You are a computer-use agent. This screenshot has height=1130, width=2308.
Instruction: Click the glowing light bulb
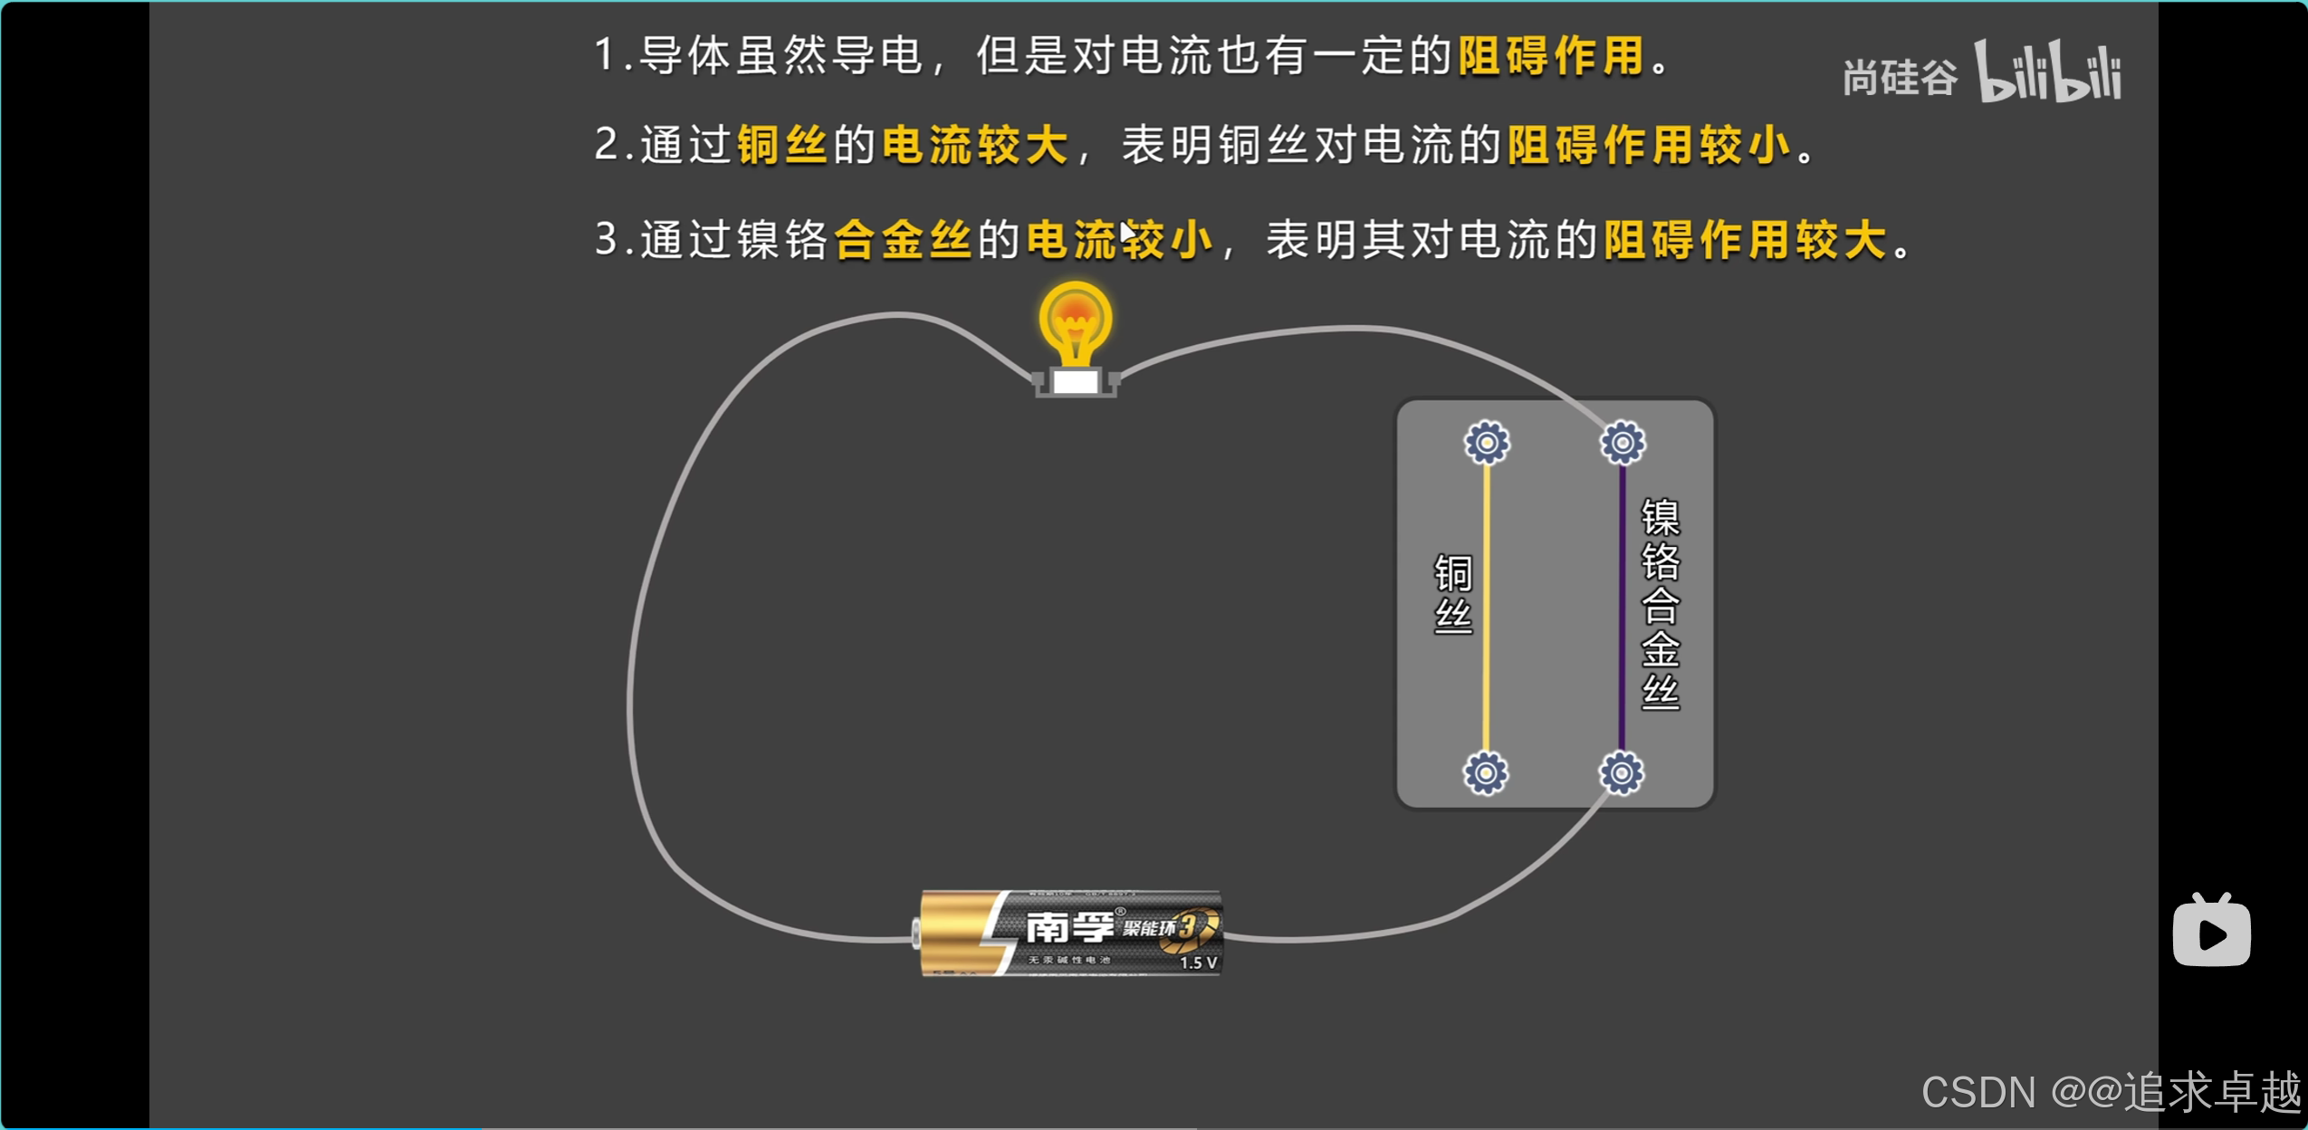[x=1075, y=321]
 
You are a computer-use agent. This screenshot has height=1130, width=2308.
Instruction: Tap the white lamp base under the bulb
[x=1076, y=381]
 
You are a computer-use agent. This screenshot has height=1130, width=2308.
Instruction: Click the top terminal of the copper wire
[x=1487, y=443]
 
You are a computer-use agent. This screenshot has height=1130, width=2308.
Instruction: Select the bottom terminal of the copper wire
[x=1486, y=773]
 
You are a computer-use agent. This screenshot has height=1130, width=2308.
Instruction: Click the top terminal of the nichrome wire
[x=1623, y=443]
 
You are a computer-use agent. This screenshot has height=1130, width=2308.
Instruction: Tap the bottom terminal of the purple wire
[x=1621, y=773]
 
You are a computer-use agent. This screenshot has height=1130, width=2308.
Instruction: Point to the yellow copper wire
[x=1486, y=607]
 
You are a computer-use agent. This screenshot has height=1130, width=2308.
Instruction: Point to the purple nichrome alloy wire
[x=1622, y=607]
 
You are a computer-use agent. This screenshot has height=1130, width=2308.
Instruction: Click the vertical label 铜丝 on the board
[x=1453, y=594]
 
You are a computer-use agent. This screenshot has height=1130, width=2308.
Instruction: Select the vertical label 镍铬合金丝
[x=1661, y=605]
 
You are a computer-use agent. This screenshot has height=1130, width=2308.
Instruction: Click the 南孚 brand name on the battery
[x=1070, y=926]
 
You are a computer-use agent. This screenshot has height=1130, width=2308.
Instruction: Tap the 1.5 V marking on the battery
[x=1198, y=962]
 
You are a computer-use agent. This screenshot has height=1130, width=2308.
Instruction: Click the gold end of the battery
[x=951, y=933]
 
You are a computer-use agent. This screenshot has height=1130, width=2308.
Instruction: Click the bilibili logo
[x=2047, y=72]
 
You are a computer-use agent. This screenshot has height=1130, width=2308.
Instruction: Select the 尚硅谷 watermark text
[x=1900, y=78]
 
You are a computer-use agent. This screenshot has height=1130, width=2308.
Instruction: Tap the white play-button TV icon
[x=2211, y=933]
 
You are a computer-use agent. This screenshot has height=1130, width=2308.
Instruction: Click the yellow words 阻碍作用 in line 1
[x=1551, y=56]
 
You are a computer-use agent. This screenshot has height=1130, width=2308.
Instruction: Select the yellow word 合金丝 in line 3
[x=903, y=241]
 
